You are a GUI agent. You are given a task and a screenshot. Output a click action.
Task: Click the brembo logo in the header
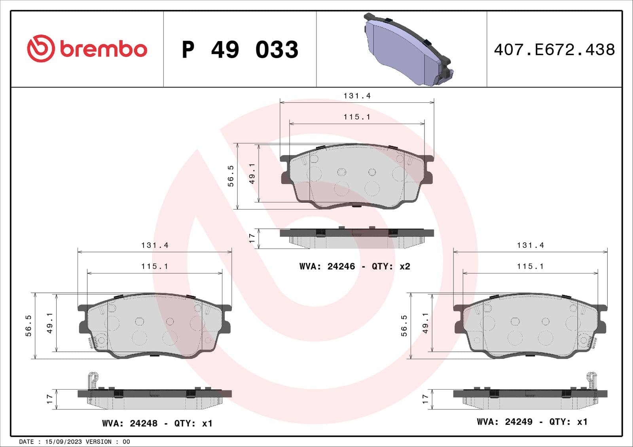[87, 49]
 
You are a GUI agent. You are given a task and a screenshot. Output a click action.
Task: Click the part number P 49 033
[240, 50]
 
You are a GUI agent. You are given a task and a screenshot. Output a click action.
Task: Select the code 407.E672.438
[554, 50]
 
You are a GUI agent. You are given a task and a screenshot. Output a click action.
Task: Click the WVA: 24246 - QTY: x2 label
[354, 266]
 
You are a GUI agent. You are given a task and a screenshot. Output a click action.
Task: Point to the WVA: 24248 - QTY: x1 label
[157, 423]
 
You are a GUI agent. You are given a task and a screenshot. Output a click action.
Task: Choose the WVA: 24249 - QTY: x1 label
[532, 422]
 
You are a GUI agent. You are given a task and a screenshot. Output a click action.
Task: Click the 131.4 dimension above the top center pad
[357, 96]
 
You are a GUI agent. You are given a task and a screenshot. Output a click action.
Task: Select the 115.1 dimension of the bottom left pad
[155, 266]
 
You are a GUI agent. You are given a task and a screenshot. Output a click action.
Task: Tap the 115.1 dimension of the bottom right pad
[530, 266]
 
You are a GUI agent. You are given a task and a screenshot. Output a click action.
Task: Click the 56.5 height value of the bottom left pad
[28, 326]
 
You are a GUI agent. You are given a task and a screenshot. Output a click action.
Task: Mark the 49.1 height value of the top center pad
[252, 174]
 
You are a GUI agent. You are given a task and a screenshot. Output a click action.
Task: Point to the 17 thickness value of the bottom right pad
[425, 398]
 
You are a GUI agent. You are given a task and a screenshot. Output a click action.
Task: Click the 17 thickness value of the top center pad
[252, 238]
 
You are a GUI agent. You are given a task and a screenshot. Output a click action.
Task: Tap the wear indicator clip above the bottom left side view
[92, 380]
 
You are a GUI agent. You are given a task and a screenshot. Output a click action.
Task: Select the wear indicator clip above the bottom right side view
[592, 380]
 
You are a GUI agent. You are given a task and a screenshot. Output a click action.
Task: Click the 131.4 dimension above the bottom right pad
[530, 245]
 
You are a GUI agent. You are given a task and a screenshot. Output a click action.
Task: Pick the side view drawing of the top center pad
[356, 238]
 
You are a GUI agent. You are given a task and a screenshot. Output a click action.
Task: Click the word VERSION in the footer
[99, 441]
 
